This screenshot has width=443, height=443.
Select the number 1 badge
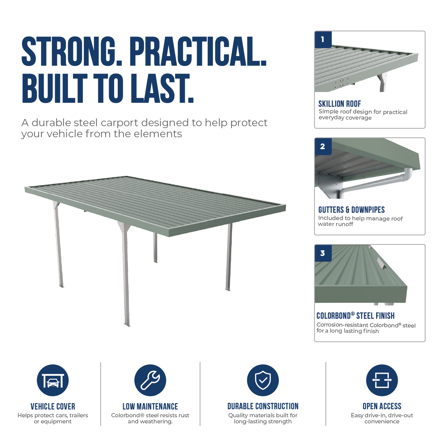(x=323, y=40)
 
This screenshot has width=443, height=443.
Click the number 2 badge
(x=323, y=146)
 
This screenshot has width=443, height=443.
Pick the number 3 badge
(x=323, y=253)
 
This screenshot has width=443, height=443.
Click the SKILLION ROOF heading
(x=340, y=104)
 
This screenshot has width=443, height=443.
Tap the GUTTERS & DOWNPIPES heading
(x=351, y=210)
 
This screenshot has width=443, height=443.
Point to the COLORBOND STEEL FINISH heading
(x=356, y=316)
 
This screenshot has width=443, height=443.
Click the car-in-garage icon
(x=53, y=380)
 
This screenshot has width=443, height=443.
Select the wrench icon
(x=150, y=380)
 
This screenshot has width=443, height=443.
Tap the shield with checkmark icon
(x=263, y=380)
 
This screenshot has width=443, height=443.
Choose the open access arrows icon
(x=382, y=380)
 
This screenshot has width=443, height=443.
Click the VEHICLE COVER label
(x=53, y=406)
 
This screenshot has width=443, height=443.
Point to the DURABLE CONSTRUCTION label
(x=263, y=406)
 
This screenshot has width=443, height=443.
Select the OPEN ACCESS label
(x=382, y=406)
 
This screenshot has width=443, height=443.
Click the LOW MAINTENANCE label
(x=150, y=406)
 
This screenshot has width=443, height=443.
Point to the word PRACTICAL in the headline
(x=198, y=52)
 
